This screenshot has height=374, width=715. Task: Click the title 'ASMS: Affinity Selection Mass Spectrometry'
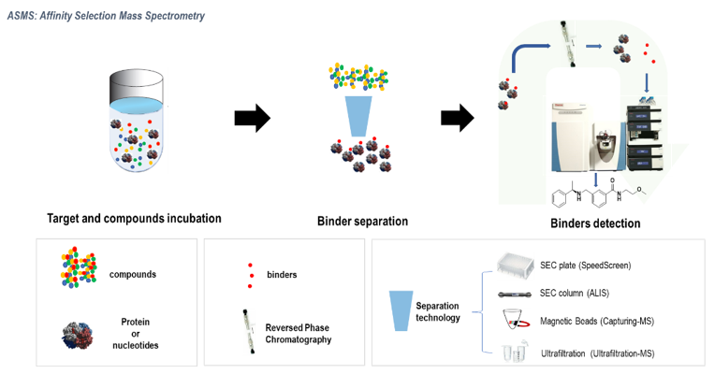click(x=106, y=16)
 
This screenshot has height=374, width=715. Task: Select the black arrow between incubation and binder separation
click(x=251, y=118)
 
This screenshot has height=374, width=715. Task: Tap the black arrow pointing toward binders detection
click(x=457, y=118)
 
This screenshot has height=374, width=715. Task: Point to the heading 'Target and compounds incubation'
click(x=134, y=219)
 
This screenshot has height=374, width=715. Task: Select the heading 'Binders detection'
click(x=594, y=223)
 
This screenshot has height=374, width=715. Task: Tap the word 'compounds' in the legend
click(x=132, y=274)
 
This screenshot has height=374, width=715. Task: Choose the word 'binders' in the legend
click(x=282, y=275)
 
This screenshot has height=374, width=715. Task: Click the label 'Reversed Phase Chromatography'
click(x=299, y=334)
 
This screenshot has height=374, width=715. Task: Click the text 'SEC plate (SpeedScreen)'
click(x=585, y=266)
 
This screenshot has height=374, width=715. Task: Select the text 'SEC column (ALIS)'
click(x=573, y=293)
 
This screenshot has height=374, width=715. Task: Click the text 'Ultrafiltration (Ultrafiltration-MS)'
click(x=601, y=353)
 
